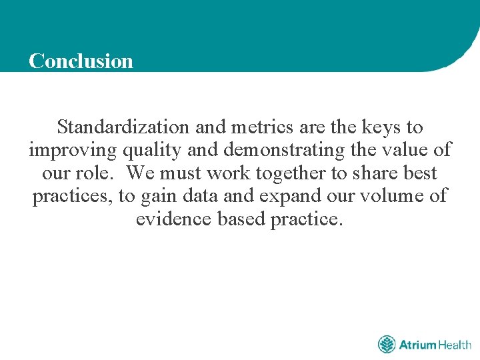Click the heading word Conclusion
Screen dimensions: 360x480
tap(81, 61)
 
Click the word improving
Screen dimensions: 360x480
tap(73, 150)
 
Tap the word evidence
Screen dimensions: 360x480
tap(174, 220)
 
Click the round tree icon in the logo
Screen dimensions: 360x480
tap(387, 345)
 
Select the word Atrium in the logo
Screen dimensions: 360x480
tap(417, 345)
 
